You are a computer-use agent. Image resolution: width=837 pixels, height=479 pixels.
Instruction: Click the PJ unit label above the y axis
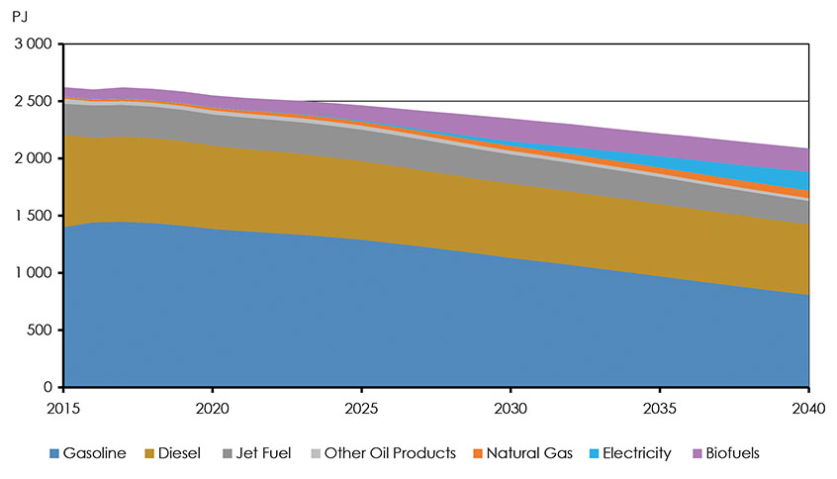20,17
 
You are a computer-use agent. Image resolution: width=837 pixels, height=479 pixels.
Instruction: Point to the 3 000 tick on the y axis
33,45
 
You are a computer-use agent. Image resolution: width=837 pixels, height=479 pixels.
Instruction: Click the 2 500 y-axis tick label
33,101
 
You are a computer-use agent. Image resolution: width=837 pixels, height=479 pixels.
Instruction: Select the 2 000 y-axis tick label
33,158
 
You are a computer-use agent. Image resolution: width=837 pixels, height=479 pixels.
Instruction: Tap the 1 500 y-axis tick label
33,216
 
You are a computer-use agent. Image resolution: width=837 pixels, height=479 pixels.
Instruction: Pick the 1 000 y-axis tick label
33,273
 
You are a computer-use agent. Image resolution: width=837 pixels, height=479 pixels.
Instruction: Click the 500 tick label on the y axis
41,330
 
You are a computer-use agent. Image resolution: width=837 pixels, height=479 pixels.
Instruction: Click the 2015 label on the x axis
63,407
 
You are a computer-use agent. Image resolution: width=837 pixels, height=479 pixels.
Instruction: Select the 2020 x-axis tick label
212,407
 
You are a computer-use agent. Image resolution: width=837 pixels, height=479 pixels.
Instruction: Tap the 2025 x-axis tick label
361,407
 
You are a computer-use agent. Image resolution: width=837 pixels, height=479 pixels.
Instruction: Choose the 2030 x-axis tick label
511,407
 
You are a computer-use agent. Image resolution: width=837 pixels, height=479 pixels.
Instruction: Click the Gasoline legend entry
88,453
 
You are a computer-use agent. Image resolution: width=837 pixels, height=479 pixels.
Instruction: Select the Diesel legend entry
173,453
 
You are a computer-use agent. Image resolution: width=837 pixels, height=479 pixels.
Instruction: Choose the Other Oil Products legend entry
387,453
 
